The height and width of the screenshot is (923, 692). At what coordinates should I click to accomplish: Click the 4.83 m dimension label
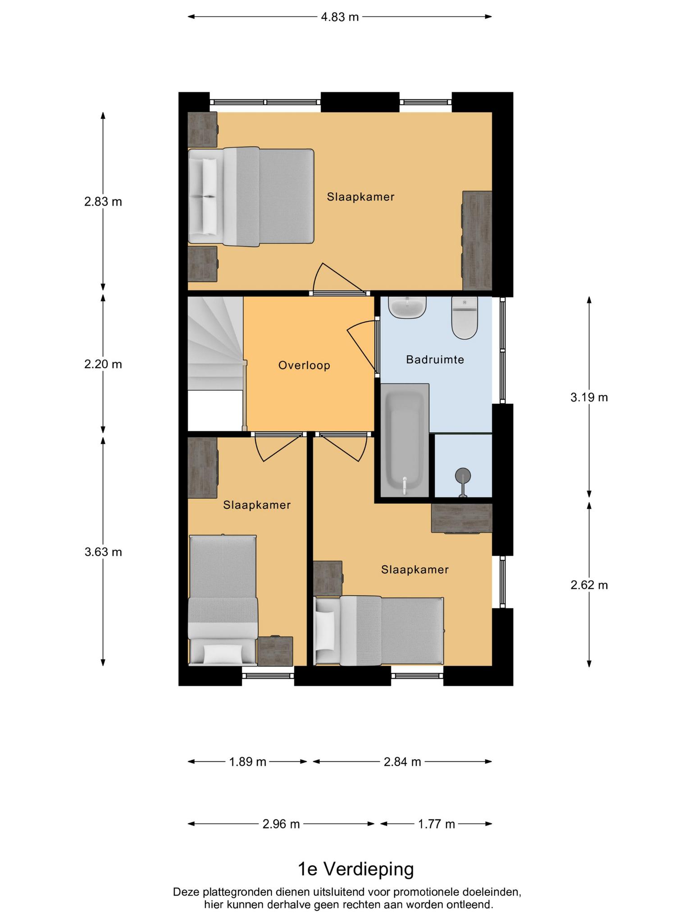(x=340, y=17)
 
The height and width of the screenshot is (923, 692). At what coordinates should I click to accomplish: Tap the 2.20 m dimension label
(x=103, y=364)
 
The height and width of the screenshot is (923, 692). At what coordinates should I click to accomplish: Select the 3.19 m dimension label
(x=589, y=397)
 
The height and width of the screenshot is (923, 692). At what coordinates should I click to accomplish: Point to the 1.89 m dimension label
(x=248, y=762)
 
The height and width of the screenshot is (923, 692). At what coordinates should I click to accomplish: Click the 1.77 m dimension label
(x=437, y=824)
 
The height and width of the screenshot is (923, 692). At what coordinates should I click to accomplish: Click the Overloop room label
(x=305, y=366)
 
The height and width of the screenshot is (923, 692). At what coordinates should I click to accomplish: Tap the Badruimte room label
(x=435, y=360)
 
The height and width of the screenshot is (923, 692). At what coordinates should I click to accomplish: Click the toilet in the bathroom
(x=464, y=318)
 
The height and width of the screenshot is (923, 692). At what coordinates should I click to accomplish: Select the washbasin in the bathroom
(x=408, y=307)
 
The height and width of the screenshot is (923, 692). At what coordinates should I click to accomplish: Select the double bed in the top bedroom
(x=251, y=197)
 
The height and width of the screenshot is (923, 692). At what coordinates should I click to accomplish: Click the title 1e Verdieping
(x=356, y=869)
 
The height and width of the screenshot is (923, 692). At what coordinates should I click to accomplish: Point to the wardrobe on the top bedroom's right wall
(x=477, y=241)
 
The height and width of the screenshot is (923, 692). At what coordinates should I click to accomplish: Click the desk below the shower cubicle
(x=462, y=518)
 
